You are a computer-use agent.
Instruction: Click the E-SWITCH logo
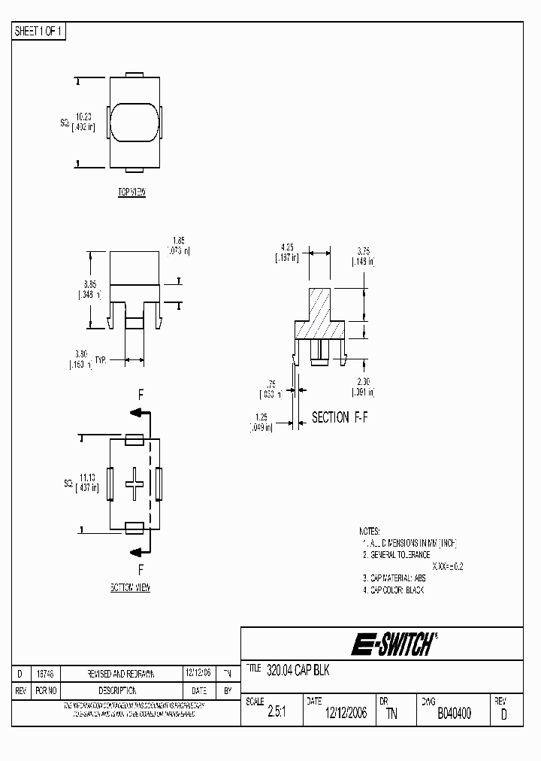point(393,644)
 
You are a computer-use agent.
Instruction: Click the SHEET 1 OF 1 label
point(40,32)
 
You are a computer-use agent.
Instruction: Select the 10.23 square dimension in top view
point(83,122)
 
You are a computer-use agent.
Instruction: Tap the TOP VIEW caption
point(131,193)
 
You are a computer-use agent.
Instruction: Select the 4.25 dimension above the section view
point(286,252)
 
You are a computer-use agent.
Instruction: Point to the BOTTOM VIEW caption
point(129,587)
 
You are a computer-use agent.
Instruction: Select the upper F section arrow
point(140,411)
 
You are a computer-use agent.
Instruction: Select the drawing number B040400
point(454,714)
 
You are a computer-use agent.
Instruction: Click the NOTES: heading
point(369,530)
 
